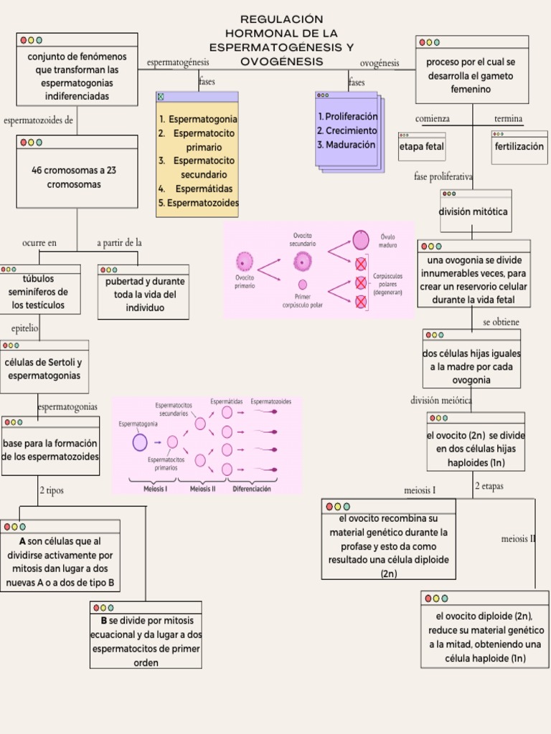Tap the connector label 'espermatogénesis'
pos(178,62)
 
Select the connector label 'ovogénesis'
pos(379,63)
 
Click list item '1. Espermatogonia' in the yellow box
pos(198,119)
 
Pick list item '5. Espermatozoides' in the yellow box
pos(198,203)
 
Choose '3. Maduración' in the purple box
pos(347,144)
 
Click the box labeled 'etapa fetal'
pos(421,147)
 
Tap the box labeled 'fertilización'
pos(519,146)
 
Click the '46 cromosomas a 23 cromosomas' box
pos(77,177)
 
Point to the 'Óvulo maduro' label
pos(387,239)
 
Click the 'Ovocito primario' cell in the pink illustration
pos(245,262)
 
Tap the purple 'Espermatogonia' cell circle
pos(140,442)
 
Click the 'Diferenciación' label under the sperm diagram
pos(251,490)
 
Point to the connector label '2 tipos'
pos(52,491)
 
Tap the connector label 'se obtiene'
pos(501,323)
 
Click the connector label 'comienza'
pos(433,118)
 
